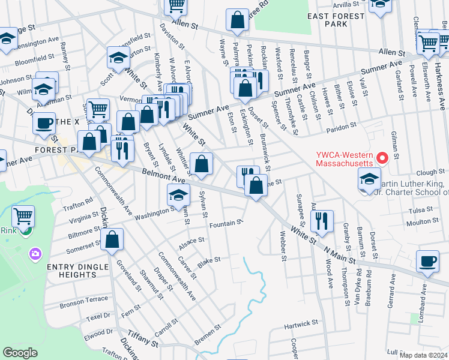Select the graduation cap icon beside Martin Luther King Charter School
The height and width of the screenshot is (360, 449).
[369, 179]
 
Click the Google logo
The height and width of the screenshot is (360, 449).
[20, 353]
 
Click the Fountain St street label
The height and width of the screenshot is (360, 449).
[226, 224]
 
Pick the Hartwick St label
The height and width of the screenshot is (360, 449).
[301, 325]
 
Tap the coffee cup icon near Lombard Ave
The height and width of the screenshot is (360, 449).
[427, 262]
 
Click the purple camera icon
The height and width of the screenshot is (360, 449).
[35, 254]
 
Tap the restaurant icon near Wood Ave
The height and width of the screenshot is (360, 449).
[323, 221]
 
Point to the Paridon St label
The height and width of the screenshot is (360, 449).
[342, 127]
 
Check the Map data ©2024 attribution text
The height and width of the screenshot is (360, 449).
[423, 355]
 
